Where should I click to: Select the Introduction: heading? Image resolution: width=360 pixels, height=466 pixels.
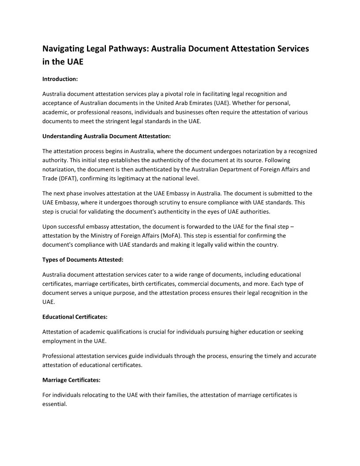tap(60, 79)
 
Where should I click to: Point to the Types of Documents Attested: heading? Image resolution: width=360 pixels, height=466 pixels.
tap(82, 259)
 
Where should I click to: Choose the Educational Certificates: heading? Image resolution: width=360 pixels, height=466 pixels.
tap(75, 317)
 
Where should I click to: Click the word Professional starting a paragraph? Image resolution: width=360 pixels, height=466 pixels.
tap(58, 356)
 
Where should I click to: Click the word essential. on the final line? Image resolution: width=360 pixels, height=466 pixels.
tap(54, 404)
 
